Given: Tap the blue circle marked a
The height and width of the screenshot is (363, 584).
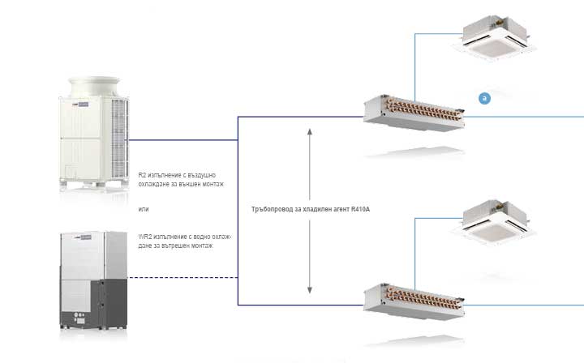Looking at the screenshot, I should pos(485,98).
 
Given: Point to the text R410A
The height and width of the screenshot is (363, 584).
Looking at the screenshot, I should pos(358,208).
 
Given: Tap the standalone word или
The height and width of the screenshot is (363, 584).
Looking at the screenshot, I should pos(144,210).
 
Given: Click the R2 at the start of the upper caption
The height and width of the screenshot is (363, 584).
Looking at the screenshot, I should pos(143,174).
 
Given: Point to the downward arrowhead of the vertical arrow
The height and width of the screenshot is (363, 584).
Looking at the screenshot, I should pos(310,290).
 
